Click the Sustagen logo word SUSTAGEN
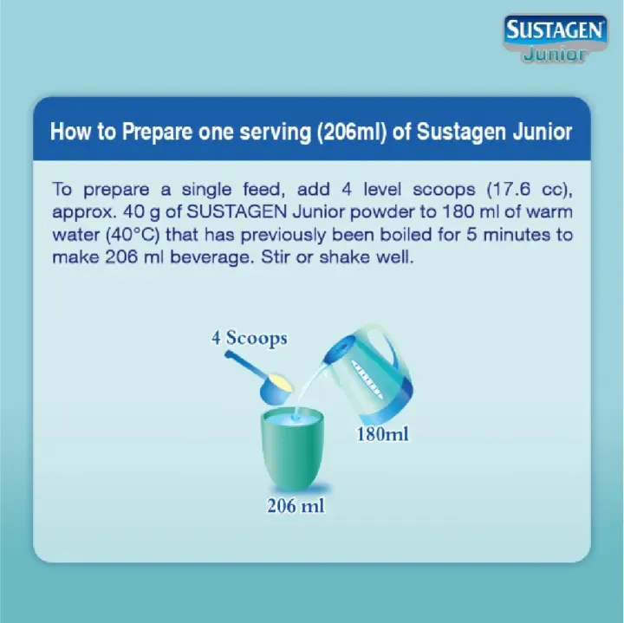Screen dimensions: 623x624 click(x=555, y=32)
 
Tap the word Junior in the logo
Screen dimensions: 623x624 click(x=556, y=55)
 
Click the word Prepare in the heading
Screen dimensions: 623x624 click(x=155, y=133)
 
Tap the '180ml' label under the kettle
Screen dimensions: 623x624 click(x=382, y=434)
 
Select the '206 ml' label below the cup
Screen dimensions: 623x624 click(x=296, y=505)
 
